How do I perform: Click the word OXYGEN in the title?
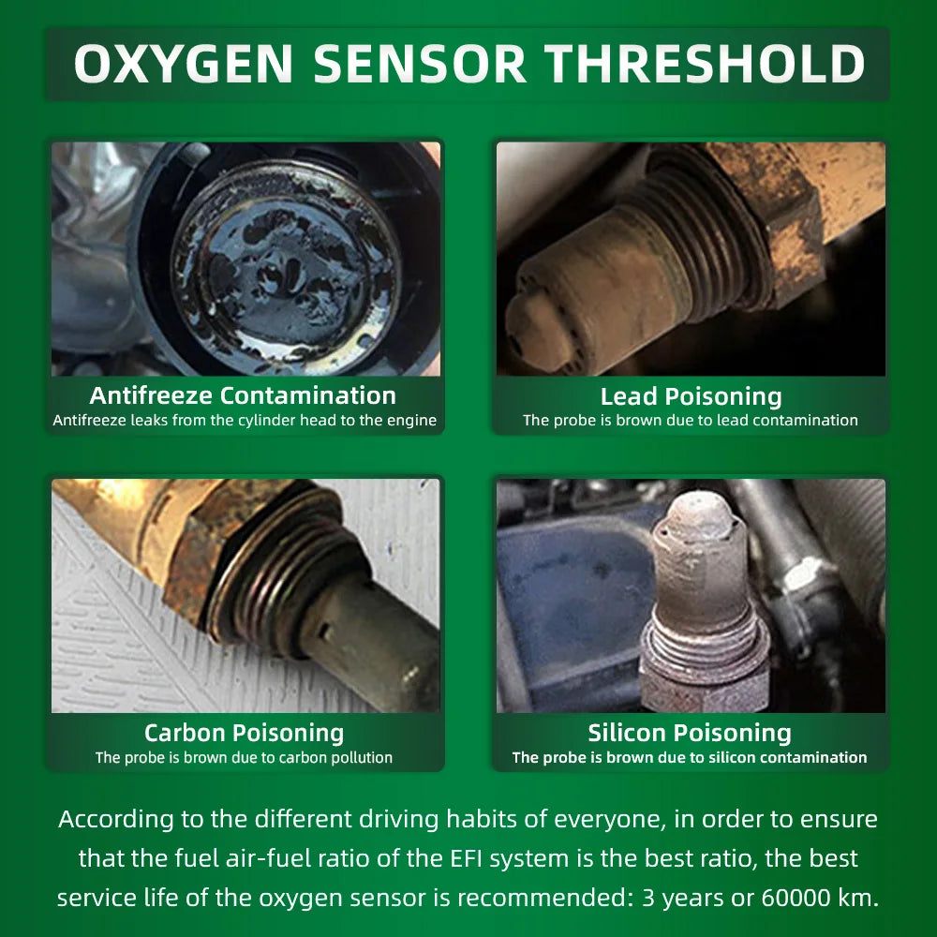184,65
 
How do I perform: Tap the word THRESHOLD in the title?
705,65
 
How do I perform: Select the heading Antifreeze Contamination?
243,395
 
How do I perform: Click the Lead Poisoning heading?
691,395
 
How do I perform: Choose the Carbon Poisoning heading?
244,733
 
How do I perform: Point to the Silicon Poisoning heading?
690,733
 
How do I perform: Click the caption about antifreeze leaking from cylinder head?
245,421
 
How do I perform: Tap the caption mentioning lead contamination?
691,421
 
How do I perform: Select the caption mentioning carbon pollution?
244,757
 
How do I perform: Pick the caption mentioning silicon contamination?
690,757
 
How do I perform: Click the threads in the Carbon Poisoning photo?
281,572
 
